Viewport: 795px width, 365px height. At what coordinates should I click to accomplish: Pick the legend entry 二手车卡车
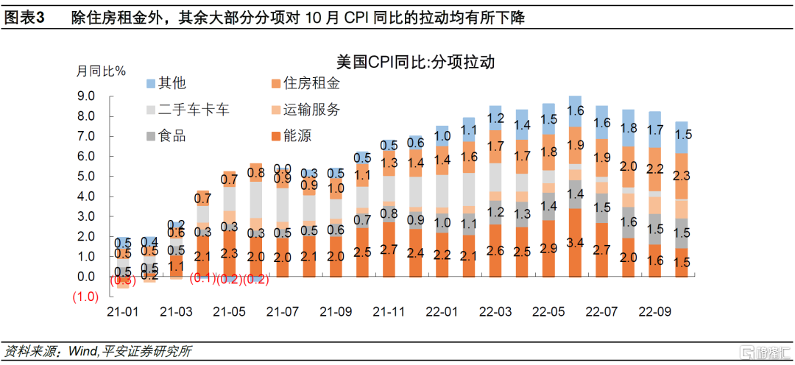(x=186, y=110)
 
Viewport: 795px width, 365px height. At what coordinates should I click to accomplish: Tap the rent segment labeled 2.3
(x=681, y=176)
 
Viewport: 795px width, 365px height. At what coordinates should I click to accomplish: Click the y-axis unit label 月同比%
(x=102, y=71)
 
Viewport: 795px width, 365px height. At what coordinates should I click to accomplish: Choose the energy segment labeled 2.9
(x=548, y=247)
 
